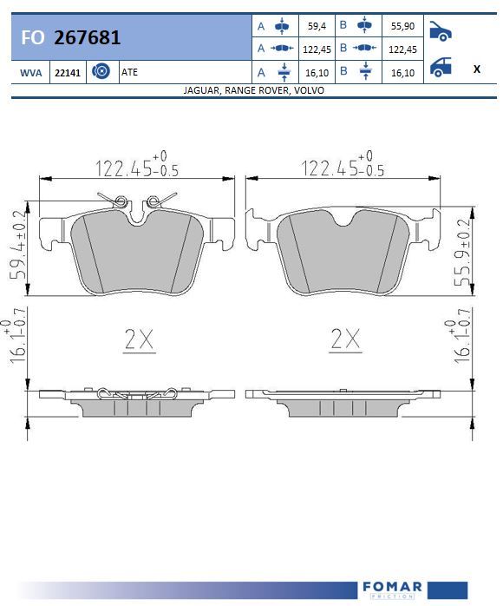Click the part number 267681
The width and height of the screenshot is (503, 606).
point(88,37)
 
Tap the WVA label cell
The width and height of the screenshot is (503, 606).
point(31,73)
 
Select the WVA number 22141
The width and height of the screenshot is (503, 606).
point(68,73)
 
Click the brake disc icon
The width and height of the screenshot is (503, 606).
point(101,71)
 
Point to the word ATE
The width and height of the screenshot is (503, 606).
point(130,72)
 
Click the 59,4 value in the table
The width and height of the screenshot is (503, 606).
point(317,26)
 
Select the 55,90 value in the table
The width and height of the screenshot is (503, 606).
point(402,26)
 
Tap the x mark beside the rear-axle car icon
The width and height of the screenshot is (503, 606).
point(477,69)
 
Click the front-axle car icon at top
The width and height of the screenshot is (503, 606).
point(440,31)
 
